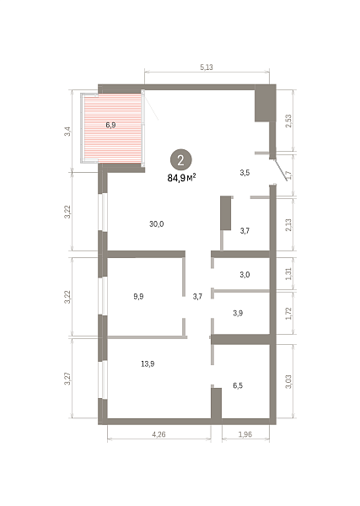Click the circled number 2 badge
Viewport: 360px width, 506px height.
[180, 159]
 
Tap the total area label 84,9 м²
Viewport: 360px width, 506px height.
[181, 178]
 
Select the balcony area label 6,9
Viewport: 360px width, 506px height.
[110, 125]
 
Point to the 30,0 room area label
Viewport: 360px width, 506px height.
[157, 223]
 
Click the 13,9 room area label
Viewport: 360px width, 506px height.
[148, 364]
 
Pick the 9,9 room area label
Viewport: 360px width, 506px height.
[138, 296]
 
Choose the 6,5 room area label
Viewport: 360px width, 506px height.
[238, 385]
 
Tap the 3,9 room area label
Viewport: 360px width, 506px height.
[238, 313]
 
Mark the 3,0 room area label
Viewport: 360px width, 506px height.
[244, 275]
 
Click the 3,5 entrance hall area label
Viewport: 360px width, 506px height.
[244, 173]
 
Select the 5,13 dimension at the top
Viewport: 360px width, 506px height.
[207, 67]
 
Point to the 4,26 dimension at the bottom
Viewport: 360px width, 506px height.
[159, 434]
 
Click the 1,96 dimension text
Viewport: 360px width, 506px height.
[245, 434]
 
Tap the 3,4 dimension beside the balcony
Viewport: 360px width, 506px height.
[67, 132]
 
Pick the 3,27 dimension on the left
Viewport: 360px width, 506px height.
[67, 379]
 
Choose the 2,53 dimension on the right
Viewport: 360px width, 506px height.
[288, 121]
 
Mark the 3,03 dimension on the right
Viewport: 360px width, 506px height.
[288, 381]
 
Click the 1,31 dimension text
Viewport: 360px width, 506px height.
[288, 273]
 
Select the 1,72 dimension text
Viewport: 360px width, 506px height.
[288, 314]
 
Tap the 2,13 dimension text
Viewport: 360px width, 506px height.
[288, 224]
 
